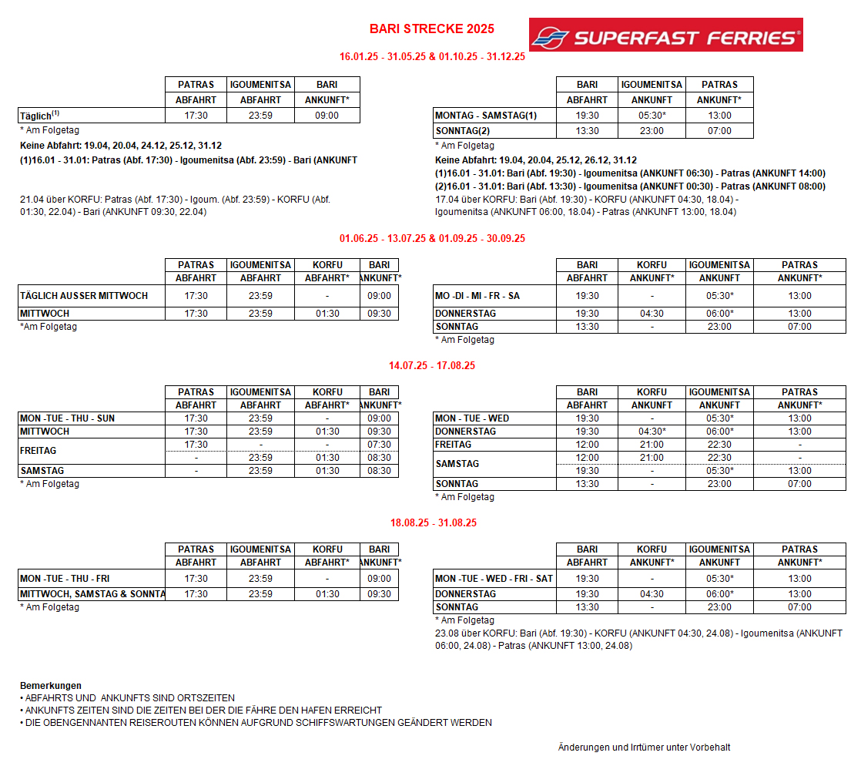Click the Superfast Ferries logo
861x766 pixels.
(x=665, y=35)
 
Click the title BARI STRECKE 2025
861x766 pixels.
(x=431, y=29)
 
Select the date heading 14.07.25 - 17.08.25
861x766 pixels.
(x=432, y=366)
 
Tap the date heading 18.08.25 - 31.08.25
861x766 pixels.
(x=433, y=523)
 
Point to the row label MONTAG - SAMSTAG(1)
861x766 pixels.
(x=486, y=116)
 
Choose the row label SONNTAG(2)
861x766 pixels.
(x=463, y=131)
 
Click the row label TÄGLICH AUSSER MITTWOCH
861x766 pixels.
(x=83, y=296)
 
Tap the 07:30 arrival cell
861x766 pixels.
(x=379, y=445)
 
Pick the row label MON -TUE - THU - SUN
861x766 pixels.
(x=67, y=418)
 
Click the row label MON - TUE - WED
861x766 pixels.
(x=472, y=418)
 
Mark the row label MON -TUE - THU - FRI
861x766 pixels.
(x=65, y=579)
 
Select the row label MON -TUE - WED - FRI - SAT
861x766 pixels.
(x=494, y=579)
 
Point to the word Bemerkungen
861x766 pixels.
(x=51, y=686)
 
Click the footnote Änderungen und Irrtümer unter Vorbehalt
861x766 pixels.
(x=644, y=748)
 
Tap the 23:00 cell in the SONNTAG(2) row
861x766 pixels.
(x=652, y=131)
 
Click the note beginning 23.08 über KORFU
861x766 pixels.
(x=638, y=640)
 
